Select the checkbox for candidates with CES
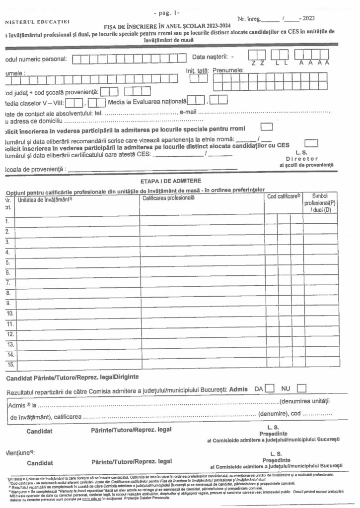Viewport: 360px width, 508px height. point(311,143)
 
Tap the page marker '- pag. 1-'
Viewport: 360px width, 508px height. point(167,11)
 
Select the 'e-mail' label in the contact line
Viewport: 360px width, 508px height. point(189,112)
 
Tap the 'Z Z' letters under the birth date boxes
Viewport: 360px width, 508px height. point(257,63)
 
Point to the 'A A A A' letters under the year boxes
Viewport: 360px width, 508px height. point(314,63)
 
